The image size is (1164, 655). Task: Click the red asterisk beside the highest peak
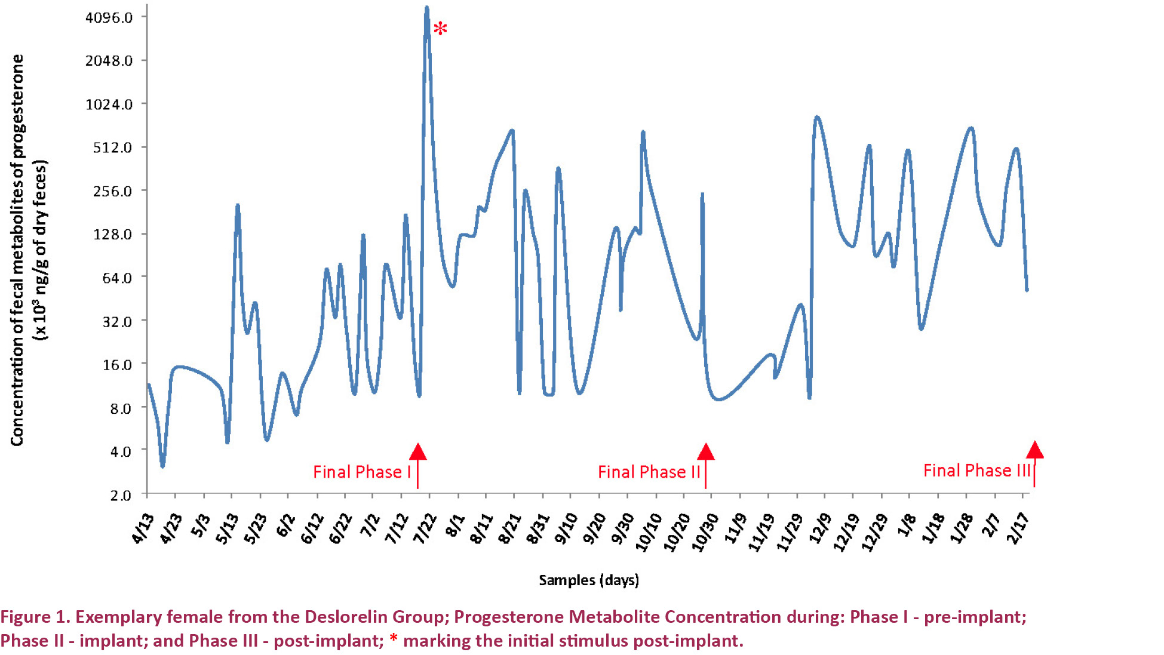440,28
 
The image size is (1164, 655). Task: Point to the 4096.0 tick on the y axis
109,17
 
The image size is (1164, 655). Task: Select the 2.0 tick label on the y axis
121,495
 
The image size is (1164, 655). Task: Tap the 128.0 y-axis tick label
112,234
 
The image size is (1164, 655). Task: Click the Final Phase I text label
362,472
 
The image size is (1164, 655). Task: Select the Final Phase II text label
649,472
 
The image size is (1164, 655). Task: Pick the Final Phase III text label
976,471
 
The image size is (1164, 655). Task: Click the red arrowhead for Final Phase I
418,452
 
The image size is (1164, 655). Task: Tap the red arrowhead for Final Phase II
706,452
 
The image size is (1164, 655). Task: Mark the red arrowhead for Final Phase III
1034,450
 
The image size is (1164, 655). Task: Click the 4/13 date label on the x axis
142,528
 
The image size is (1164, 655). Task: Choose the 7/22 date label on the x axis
425,528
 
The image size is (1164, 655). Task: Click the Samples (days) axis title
589,580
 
